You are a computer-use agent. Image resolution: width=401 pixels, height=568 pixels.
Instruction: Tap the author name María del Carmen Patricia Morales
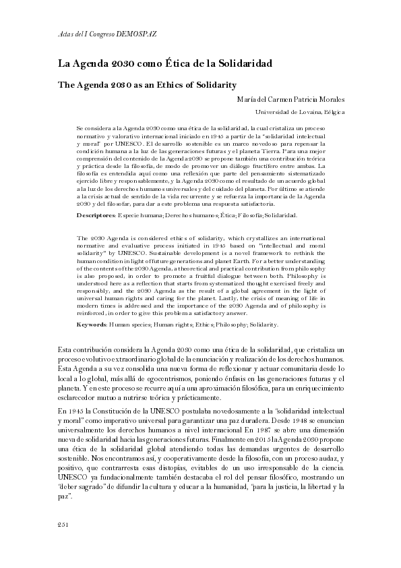(291, 98)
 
